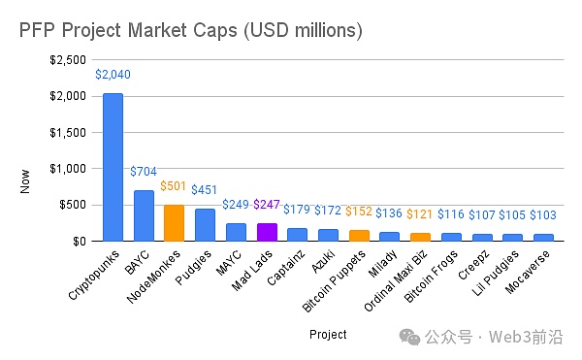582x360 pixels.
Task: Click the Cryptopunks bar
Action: [x=113, y=167]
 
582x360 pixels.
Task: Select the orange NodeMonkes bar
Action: [x=174, y=222]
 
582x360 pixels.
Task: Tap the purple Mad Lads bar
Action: [x=267, y=231]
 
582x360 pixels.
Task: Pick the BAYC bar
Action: [x=144, y=214]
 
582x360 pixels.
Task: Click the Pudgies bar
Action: [x=205, y=224]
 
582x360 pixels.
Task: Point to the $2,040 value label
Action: [x=113, y=74]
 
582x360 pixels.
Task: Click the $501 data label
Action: [x=174, y=186]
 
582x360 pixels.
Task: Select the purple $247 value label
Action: [x=267, y=205]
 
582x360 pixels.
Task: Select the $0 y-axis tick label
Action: [x=82, y=241]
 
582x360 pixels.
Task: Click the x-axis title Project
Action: [x=328, y=335]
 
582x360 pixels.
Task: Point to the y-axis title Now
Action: [x=26, y=180]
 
